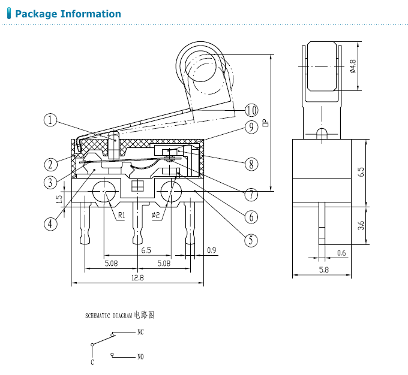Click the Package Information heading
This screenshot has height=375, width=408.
[x=68, y=14]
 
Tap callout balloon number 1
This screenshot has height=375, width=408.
[x=50, y=120]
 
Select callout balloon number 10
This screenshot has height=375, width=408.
[x=251, y=110]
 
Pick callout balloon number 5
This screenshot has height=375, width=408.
[x=251, y=240]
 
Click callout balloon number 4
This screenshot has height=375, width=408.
[x=50, y=224]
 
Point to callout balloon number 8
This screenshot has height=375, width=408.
[x=251, y=164]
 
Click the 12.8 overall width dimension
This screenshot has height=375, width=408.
[x=137, y=278]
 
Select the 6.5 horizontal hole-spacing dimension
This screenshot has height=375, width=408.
[x=146, y=250]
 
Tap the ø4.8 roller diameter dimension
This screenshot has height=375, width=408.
[x=353, y=66]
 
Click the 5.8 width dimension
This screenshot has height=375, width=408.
[x=324, y=270]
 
